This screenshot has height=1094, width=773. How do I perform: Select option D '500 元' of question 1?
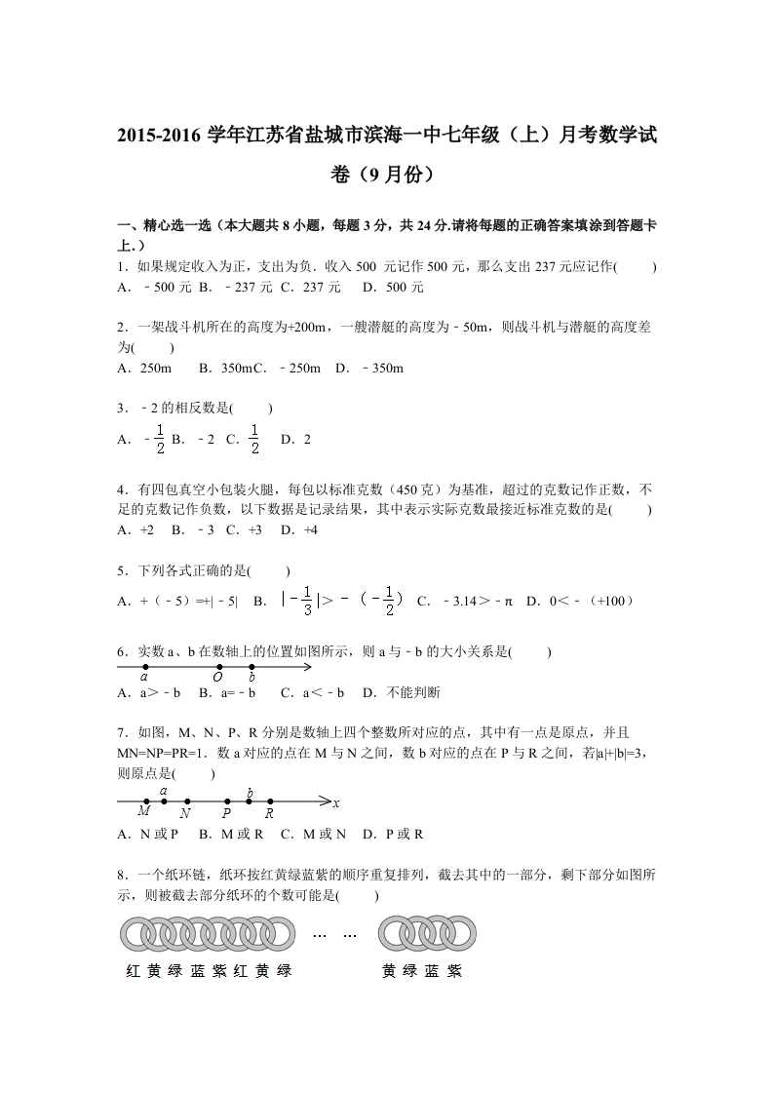(405, 288)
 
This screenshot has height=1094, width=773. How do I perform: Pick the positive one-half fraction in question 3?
(253, 439)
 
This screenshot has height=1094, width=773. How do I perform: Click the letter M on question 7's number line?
(143, 811)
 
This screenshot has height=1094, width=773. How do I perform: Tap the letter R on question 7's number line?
(270, 812)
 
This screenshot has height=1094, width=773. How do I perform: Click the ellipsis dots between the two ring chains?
(334, 934)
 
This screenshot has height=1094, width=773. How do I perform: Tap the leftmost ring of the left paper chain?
(135, 934)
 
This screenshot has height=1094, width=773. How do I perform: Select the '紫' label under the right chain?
(453, 971)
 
